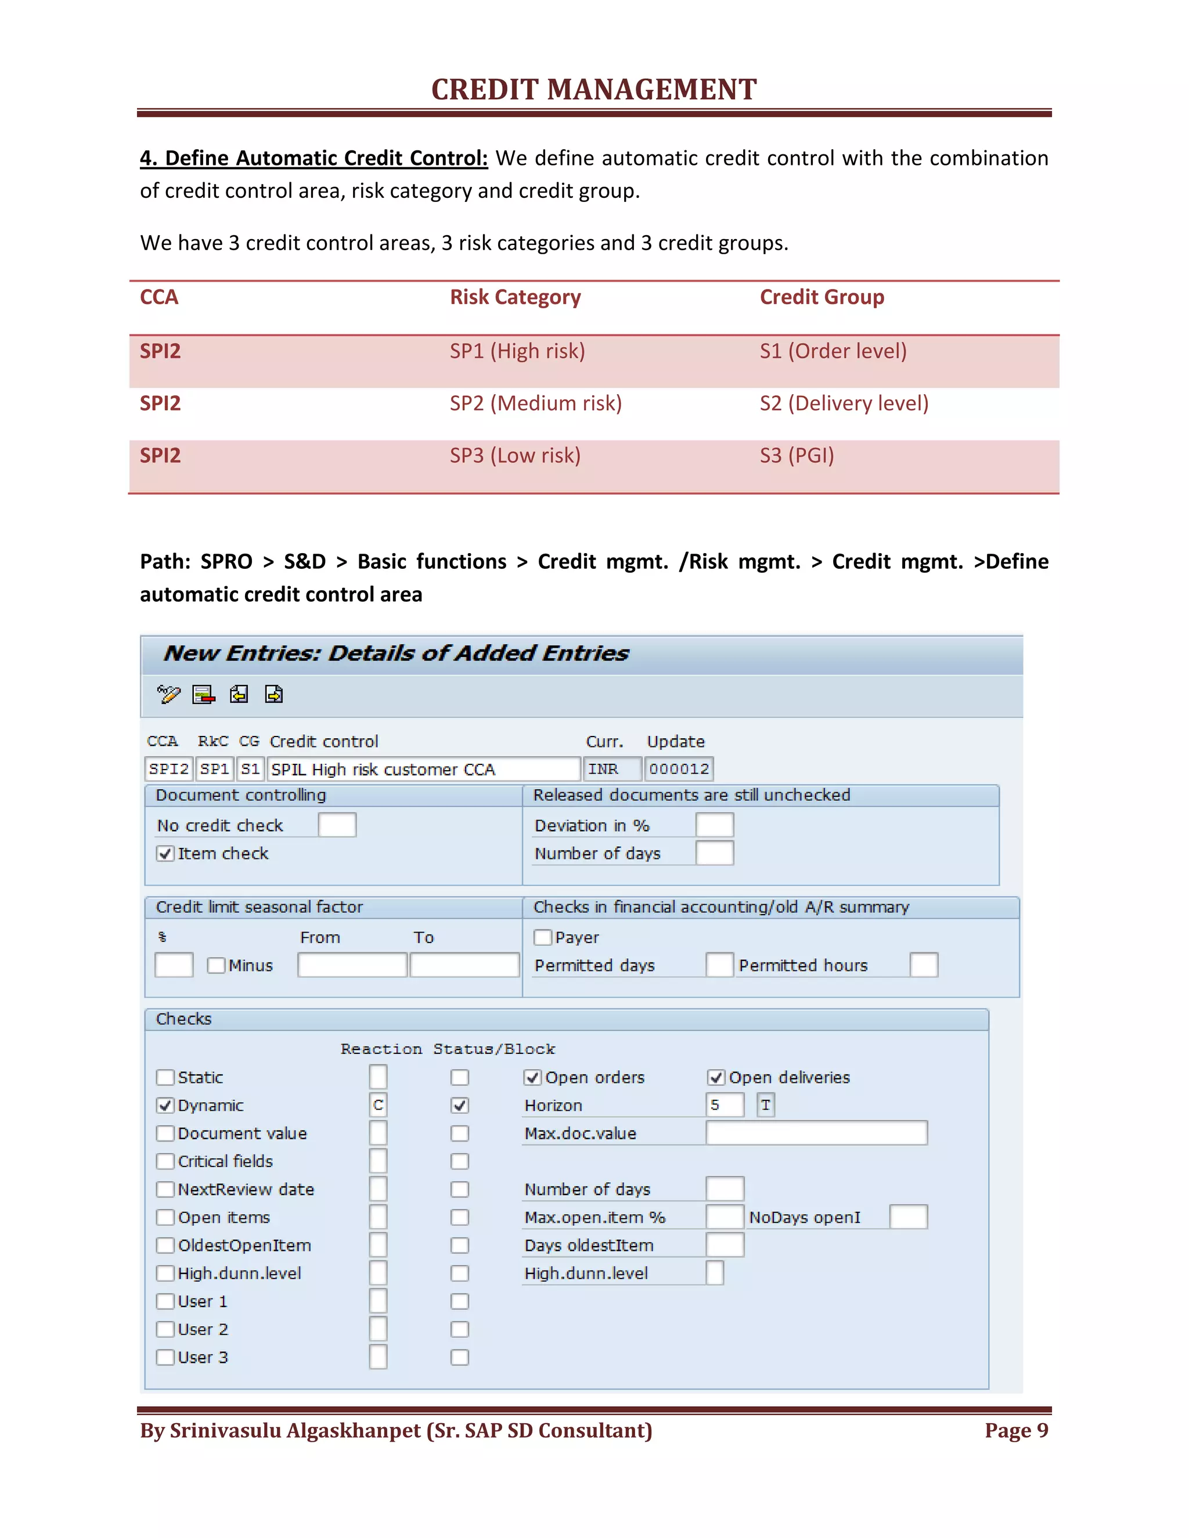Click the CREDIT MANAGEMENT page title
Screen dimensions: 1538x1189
(x=594, y=89)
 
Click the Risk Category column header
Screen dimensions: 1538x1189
(x=515, y=297)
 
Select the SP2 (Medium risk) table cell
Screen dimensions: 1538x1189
(x=535, y=403)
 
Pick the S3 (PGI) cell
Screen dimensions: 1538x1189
(x=796, y=456)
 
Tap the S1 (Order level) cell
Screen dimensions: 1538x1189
(x=833, y=351)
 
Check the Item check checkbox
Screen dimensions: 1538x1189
(x=165, y=854)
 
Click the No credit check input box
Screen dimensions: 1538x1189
(x=337, y=825)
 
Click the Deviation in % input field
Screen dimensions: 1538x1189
(x=714, y=825)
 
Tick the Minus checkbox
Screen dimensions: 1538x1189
(x=216, y=966)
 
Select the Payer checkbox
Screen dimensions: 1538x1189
(x=542, y=937)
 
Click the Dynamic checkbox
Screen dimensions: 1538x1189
(x=165, y=1106)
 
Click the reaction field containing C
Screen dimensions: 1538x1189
(x=379, y=1105)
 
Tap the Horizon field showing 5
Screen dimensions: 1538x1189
(x=724, y=1105)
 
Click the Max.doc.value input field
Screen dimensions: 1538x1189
(x=816, y=1133)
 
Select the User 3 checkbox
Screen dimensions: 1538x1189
(x=165, y=1357)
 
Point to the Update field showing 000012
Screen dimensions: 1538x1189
(x=678, y=769)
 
